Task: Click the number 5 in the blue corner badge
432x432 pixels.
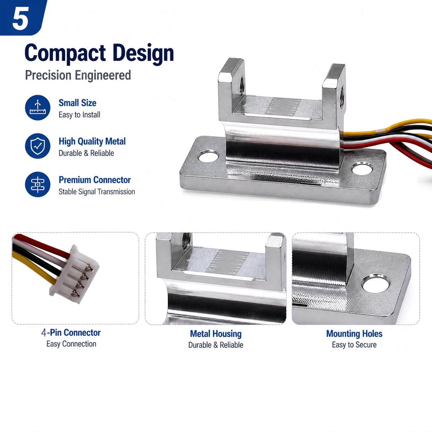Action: [21, 18]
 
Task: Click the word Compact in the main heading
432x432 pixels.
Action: [65, 53]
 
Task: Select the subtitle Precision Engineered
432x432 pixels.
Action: [78, 75]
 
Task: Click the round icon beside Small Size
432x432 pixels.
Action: [38, 107]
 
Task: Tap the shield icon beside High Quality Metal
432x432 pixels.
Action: [38, 146]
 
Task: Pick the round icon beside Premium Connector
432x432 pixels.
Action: [38, 185]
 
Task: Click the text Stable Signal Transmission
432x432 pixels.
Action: [96, 192]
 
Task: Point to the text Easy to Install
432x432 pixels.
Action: [79, 115]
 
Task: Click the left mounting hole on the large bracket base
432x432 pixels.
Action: [209, 156]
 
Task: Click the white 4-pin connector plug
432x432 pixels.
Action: [74, 274]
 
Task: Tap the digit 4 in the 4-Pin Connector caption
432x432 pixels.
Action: [44, 333]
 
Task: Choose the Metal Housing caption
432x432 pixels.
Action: [216, 334]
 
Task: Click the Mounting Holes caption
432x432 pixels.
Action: [354, 333]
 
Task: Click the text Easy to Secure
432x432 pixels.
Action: [354, 345]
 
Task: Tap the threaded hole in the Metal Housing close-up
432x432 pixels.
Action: [186, 240]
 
